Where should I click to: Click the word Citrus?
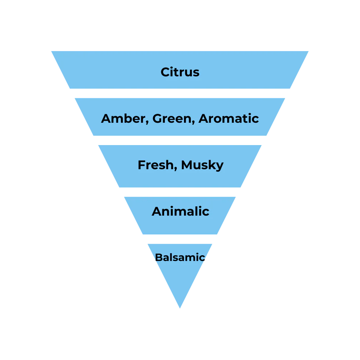click(180, 72)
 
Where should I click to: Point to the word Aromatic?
click(229, 118)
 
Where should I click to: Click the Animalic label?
click(180, 211)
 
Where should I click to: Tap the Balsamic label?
click(180, 257)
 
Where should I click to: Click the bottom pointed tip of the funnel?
click(180, 309)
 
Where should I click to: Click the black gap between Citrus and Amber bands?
click(180, 94)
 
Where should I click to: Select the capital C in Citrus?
click(165, 72)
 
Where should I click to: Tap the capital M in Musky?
click(188, 165)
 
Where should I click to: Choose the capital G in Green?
click(158, 118)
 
